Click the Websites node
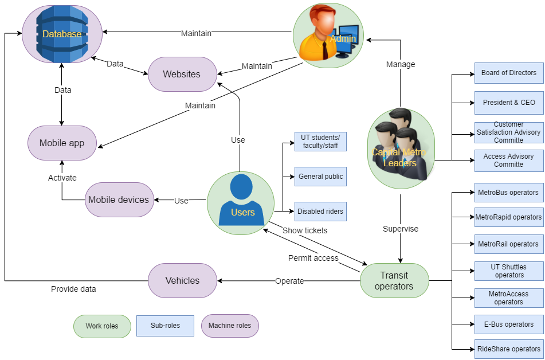click(x=182, y=74)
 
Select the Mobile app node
click(x=61, y=143)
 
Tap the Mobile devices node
click(x=119, y=200)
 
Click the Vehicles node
click(x=182, y=280)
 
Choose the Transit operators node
click(x=394, y=280)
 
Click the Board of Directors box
click(x=509, y=73)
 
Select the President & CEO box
click(x=509, y=103)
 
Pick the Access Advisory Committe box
click(x=509, y=161)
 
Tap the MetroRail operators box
click(x=509, y=244)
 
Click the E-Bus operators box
click(x=509, y=324)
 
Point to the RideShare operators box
click(x=509, y=349)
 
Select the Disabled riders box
click(x=320, y=212)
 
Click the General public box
click(x=320, y=177)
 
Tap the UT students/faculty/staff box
click(x=320, y=142)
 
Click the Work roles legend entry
click(x=102, y=326)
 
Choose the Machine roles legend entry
click(x=230, y=326)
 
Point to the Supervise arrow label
click(x=401, y=229)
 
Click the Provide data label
click(x=73, y=289)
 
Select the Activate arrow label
click(x=62, y=178)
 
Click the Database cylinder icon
click(x=62, y=34)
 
